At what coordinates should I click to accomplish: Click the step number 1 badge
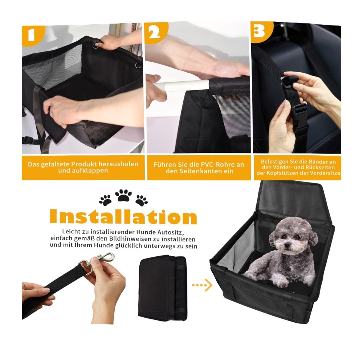tap(32, 35)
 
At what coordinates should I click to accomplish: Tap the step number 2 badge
tap(155, 32)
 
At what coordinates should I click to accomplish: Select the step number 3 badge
tap(260, 31)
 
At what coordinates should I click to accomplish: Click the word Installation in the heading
tap(123, 216)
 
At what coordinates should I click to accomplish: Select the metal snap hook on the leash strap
tap(96, 262)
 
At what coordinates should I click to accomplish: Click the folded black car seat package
tap(162, 288)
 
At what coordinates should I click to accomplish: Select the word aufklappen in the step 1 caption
tap(83, 171)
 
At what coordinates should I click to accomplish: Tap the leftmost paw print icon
tap(105, 200)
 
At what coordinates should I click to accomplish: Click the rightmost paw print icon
tap(142, 200)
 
